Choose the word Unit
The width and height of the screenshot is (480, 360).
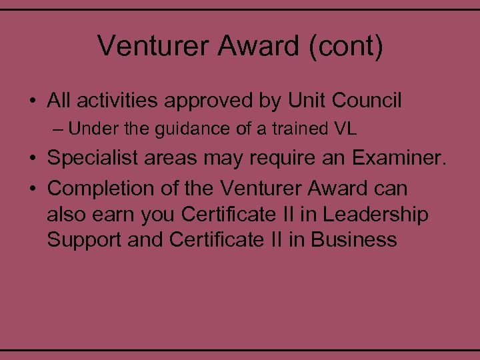coord(307,101)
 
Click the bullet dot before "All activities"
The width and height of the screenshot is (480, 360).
coord(32,102)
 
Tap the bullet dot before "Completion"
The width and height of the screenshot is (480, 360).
coord(32,189)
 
